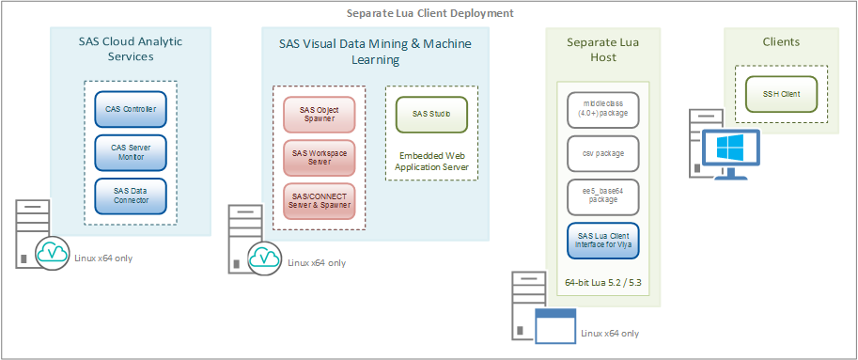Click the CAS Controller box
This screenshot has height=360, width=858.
[130, 109]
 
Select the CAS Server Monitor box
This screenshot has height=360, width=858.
[130, 152]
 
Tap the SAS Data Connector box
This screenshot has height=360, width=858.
[130, 196]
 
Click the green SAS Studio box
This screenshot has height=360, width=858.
[430, 115]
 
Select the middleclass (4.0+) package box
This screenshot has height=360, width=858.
[602, 109]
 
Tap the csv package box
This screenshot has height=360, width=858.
[602, 153]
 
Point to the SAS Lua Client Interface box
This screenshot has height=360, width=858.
[602, 240]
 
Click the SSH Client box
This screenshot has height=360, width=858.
[781, 94]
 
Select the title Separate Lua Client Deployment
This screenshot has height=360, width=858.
[429, 13]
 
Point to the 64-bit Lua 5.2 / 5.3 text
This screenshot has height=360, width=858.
[602, 283]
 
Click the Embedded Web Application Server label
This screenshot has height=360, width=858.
[430, 161]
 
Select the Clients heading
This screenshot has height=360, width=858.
[781, 42]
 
